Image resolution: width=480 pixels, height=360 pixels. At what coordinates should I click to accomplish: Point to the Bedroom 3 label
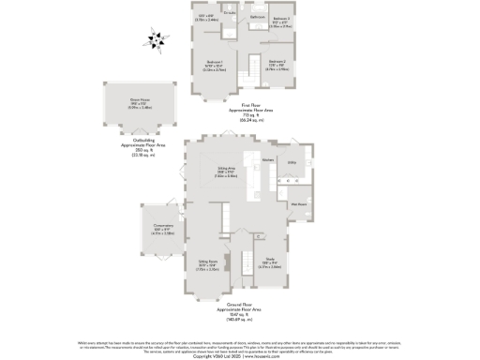click(281, 19)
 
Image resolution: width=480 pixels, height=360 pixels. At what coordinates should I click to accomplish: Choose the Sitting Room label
click(208, 262)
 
